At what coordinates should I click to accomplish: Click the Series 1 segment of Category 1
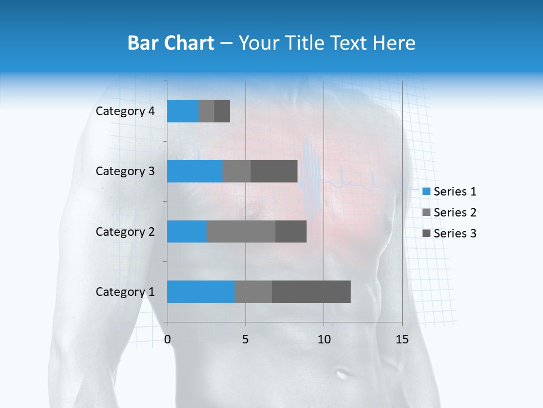tap(201, 292)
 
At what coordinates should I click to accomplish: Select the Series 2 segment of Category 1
tap(253, 292)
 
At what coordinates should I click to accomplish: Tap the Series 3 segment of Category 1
tap(311, 292)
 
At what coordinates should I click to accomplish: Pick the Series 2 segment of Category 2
tap(241, 231)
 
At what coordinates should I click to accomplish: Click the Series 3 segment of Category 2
tap(291, 231)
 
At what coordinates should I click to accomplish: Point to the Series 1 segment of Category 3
tap(195, 171)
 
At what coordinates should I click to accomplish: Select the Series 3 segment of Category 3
tap(274, 171)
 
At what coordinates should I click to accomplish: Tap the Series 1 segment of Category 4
tap(183, 111)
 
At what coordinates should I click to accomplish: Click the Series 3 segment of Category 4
tap(222, 111)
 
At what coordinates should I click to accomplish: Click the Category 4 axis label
tap(125, 111)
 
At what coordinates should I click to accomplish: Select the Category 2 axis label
tap(125, 231)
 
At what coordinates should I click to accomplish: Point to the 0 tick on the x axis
tap(167, 339)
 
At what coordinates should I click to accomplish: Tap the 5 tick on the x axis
tap(245, 339)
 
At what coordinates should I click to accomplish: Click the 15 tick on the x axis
tap(402, 339)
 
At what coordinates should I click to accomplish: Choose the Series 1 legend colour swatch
tap(426, 192)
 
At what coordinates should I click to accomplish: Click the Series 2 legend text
tap(455, 212)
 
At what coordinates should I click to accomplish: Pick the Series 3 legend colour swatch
tap(426, 233)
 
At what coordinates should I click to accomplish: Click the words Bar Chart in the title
tap(170, 43)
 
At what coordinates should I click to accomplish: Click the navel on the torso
tap(342, 374)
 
